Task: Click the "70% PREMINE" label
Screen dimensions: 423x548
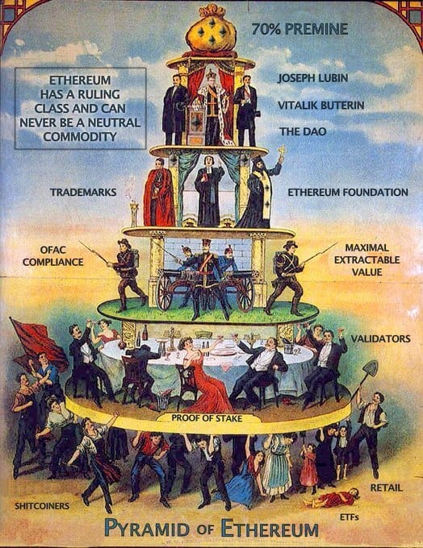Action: coord(299,29)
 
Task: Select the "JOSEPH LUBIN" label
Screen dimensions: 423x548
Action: coord(312,78)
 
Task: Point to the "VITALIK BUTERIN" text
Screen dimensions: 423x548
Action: coord(320,106)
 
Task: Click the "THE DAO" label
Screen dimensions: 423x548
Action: coord(303,131)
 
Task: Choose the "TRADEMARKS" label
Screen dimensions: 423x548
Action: coord(83,192)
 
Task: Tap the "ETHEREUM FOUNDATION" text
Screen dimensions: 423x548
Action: coord(348,192)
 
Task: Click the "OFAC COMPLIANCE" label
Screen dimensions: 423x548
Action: coord(53,255)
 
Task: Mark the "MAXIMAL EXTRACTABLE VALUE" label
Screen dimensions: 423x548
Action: coord(366,259)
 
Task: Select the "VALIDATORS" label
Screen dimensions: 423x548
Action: coord(381,338)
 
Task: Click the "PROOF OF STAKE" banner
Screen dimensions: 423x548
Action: coord(207,418)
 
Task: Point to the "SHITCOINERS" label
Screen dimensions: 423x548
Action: coord(42,506)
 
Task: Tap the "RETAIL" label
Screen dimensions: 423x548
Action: coord(387,488)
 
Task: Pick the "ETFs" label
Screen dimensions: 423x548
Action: coord(349,517)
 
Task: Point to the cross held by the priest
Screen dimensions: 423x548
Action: coord(282,152)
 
